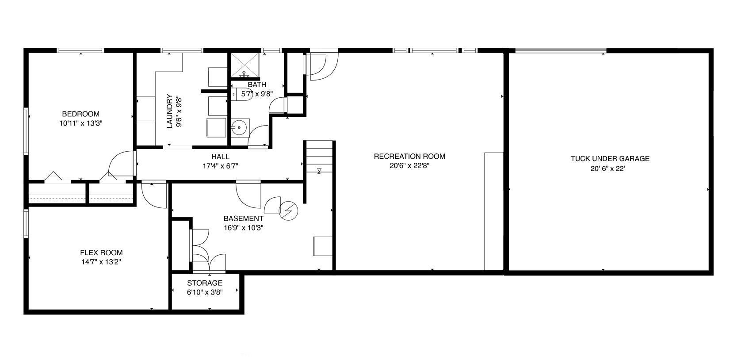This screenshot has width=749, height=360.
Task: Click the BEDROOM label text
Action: point(80,114)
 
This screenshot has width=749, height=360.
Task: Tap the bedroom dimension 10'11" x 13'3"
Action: point(80,123)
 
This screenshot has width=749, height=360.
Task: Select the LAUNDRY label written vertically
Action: point(169,111)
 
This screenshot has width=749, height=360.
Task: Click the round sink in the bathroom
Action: point(239,127)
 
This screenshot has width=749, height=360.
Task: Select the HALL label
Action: point(220,157)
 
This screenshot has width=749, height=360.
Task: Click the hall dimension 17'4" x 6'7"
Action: point(220,166)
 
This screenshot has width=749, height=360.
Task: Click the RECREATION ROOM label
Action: point(409,156)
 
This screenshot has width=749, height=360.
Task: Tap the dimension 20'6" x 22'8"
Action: point(409,166)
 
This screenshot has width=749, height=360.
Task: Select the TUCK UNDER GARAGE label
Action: point(610,158)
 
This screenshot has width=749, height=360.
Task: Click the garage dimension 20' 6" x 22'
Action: point(610,168)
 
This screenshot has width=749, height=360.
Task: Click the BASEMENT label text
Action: point(243,218)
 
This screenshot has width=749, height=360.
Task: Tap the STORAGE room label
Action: point(205,283)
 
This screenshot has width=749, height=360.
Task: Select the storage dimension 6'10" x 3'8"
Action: point(205,292)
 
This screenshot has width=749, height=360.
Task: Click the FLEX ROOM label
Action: point(101,253)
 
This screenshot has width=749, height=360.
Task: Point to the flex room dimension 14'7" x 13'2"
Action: point(101,262)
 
